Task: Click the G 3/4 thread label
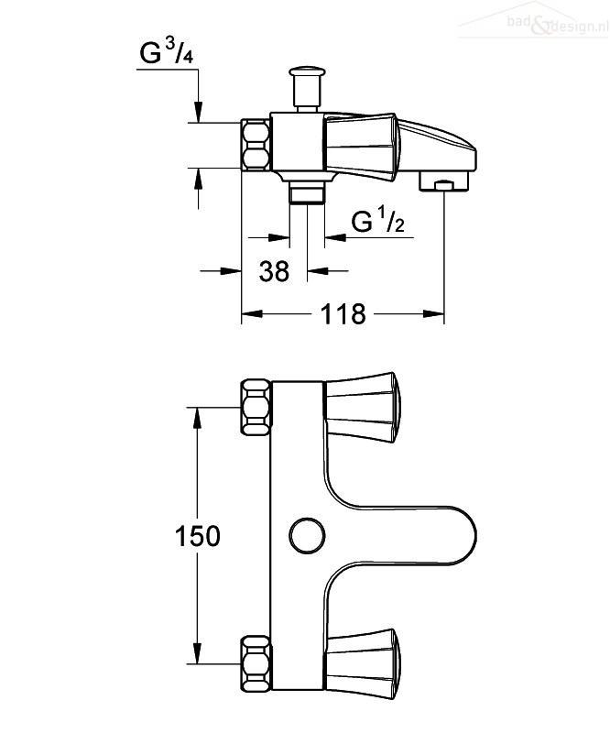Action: click(x=167, y=52)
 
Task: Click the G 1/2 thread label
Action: click(x=378, y=221)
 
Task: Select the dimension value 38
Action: click(x=274, y=271)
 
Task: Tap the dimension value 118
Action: click(x=343, y=314)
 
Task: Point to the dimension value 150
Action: click(x=197, y=536)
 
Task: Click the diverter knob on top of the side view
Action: click(x=307, y=88)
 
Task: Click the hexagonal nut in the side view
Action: click(x=256, y=145)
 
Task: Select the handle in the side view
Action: click(x=362, y=147)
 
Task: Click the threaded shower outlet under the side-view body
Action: click(x=307, y=192)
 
